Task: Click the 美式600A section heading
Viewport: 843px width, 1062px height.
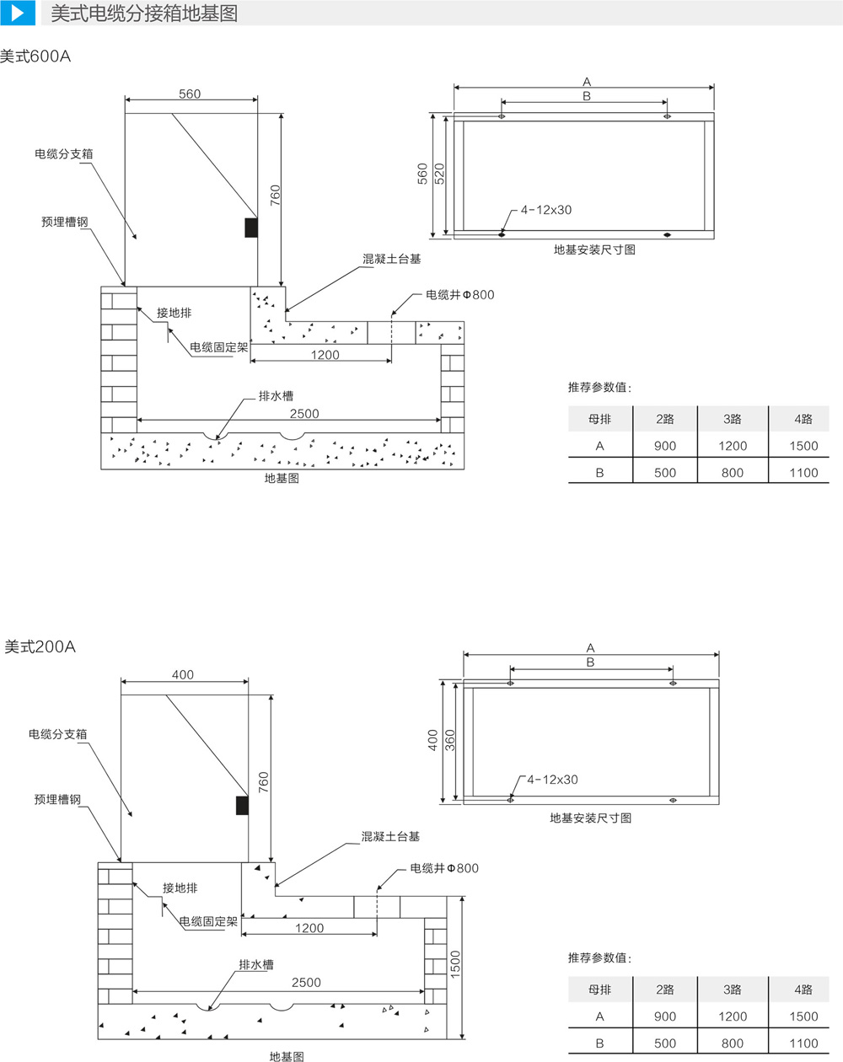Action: point(36,56)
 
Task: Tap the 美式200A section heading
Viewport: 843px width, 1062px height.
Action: point(40,646)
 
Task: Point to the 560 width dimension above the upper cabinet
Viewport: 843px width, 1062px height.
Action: point(190,94)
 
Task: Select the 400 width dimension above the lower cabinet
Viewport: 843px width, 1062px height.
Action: point(182,674)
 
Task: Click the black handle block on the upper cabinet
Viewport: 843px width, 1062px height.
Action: point(251,227)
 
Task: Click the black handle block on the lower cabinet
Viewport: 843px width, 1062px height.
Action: point(242,806)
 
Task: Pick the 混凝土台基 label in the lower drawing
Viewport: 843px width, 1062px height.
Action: point(390,836)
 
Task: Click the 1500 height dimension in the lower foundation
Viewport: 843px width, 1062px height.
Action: point(455,964)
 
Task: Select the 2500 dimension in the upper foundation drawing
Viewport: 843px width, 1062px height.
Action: point(304,413)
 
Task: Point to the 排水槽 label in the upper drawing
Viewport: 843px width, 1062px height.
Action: point(277,395)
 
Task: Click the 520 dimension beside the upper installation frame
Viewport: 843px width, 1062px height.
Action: point(439,174)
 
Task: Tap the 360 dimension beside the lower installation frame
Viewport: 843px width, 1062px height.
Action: point(450,740)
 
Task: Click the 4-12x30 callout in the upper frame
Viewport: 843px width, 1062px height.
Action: point(545,210)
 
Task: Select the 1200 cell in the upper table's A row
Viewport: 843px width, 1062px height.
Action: point(733,446)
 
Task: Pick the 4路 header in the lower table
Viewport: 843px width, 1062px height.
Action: point(803,990)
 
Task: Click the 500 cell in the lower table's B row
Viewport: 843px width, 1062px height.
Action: point(665,1043)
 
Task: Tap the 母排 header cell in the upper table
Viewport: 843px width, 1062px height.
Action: point(599,419)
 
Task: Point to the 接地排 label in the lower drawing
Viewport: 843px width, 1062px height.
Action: point(180,888)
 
